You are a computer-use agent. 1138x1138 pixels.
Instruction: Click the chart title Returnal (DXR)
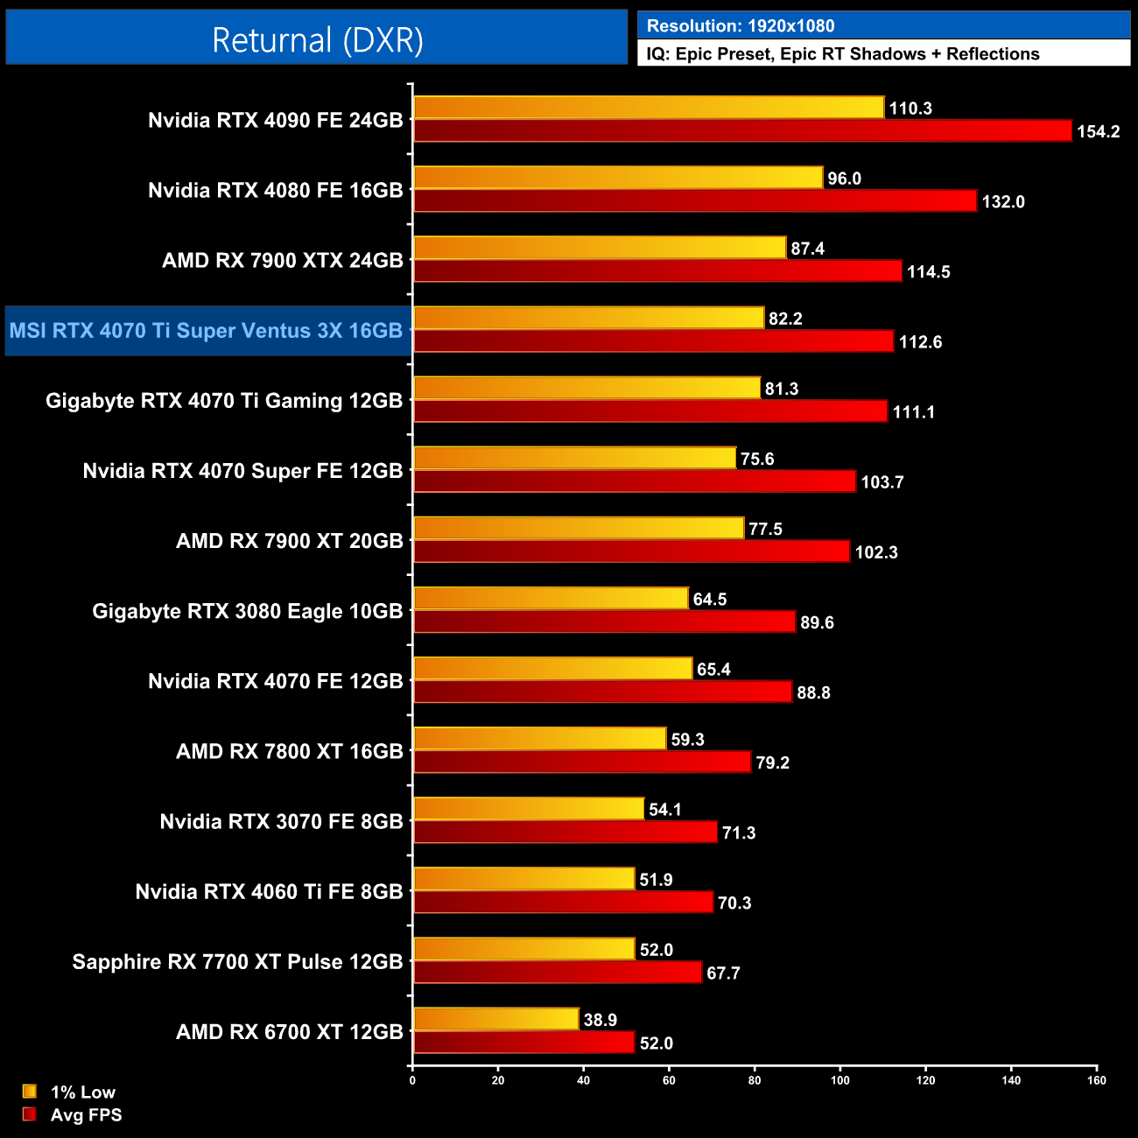point(317,40)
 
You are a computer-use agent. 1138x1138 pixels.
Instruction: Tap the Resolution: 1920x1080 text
point(740,26)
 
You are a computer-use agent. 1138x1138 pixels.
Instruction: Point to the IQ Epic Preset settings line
point(842,54)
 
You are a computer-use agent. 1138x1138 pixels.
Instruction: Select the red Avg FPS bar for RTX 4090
point(742,131)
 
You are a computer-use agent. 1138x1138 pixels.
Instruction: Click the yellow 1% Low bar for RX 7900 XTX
point(600,248)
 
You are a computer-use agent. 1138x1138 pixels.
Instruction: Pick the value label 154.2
point(1098,132)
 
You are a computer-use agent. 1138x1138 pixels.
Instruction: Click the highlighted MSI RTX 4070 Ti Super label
point(206,331)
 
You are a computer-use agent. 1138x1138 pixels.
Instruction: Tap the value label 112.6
point(920,342)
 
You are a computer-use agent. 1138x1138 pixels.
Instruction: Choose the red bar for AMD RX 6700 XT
point(523,1043)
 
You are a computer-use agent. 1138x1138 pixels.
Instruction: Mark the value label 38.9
point(601,1020)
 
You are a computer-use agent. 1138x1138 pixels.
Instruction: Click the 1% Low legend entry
point(70,1092)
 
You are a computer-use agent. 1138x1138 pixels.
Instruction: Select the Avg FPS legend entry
point(74,1115)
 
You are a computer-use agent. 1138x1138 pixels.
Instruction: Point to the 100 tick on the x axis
point(839,1080)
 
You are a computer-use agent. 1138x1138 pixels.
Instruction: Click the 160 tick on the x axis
point(1097,1080)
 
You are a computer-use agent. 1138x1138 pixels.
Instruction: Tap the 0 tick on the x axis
point(412,1080)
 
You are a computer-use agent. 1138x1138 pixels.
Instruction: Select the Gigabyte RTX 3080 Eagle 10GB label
point(248,611)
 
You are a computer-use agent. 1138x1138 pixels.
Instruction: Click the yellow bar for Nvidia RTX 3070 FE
point(529,809)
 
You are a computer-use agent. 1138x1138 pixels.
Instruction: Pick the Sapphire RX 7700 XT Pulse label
point(237,962)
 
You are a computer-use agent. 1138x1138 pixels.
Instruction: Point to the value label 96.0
point(844,179)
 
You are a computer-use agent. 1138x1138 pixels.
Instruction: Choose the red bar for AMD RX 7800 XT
point(582,762)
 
